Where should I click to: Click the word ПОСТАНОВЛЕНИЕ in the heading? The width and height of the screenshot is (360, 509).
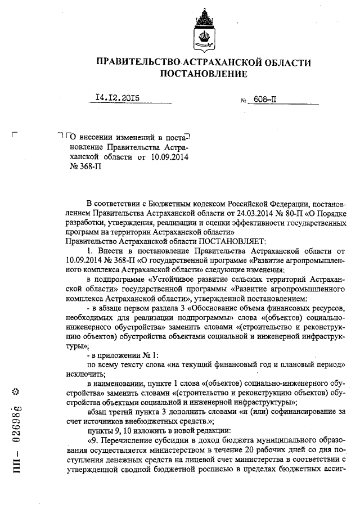pos(204,74)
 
